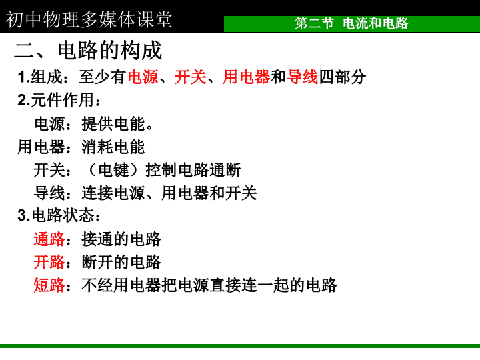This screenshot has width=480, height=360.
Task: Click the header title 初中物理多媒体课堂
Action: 89,20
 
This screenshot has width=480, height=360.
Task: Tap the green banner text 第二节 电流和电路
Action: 351,23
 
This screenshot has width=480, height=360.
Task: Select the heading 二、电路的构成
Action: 88,51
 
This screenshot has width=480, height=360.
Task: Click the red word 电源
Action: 143,77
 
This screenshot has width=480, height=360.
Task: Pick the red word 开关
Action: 191,77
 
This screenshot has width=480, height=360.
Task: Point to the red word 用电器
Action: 247,77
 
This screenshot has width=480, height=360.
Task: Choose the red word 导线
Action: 303,77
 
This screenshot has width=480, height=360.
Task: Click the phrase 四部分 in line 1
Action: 342,77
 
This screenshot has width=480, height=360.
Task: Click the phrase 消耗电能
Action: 113,147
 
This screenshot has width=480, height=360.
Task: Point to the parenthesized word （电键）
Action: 113,170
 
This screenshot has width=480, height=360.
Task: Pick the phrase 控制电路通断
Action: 193,170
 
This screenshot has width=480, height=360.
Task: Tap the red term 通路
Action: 49,239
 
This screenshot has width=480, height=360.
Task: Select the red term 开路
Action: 49,262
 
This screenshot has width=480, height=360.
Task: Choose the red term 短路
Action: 49,285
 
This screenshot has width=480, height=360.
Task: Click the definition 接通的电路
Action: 121,239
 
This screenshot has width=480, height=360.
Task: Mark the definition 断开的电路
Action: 121,262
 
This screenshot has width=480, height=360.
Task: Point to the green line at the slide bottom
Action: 240,346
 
